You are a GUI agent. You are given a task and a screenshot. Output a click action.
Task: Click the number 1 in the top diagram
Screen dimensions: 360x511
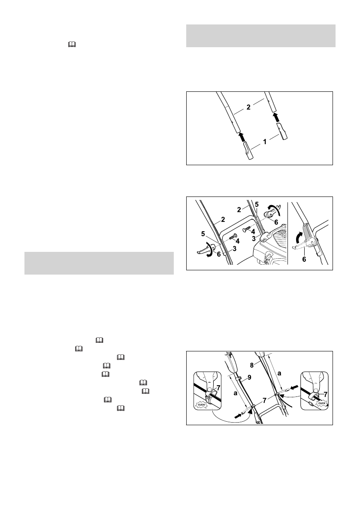point(265,142)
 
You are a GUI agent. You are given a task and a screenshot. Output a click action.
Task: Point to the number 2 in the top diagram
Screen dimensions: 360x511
point(248,107)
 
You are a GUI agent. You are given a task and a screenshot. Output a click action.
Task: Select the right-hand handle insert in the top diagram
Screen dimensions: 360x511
point(283,131)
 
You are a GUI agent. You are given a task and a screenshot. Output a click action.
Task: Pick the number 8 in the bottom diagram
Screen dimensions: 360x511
point(252,366)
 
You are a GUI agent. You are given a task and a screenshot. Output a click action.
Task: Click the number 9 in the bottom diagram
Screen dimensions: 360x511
point(250,378)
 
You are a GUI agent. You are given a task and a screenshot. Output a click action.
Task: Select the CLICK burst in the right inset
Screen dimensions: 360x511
point(321,403)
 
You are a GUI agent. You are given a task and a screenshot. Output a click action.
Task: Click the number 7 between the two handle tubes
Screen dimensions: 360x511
point(265,400)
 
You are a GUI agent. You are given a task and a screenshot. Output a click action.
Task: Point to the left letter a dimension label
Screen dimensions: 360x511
point(235,393)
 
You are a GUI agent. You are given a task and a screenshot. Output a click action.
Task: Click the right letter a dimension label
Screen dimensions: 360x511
point(279,373)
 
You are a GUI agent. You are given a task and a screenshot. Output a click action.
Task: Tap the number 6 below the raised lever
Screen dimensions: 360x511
point(304,260)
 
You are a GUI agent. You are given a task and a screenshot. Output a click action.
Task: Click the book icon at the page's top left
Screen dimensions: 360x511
point(72,45)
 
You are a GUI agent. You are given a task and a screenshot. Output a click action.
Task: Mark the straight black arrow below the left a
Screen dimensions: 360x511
point(239,415)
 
